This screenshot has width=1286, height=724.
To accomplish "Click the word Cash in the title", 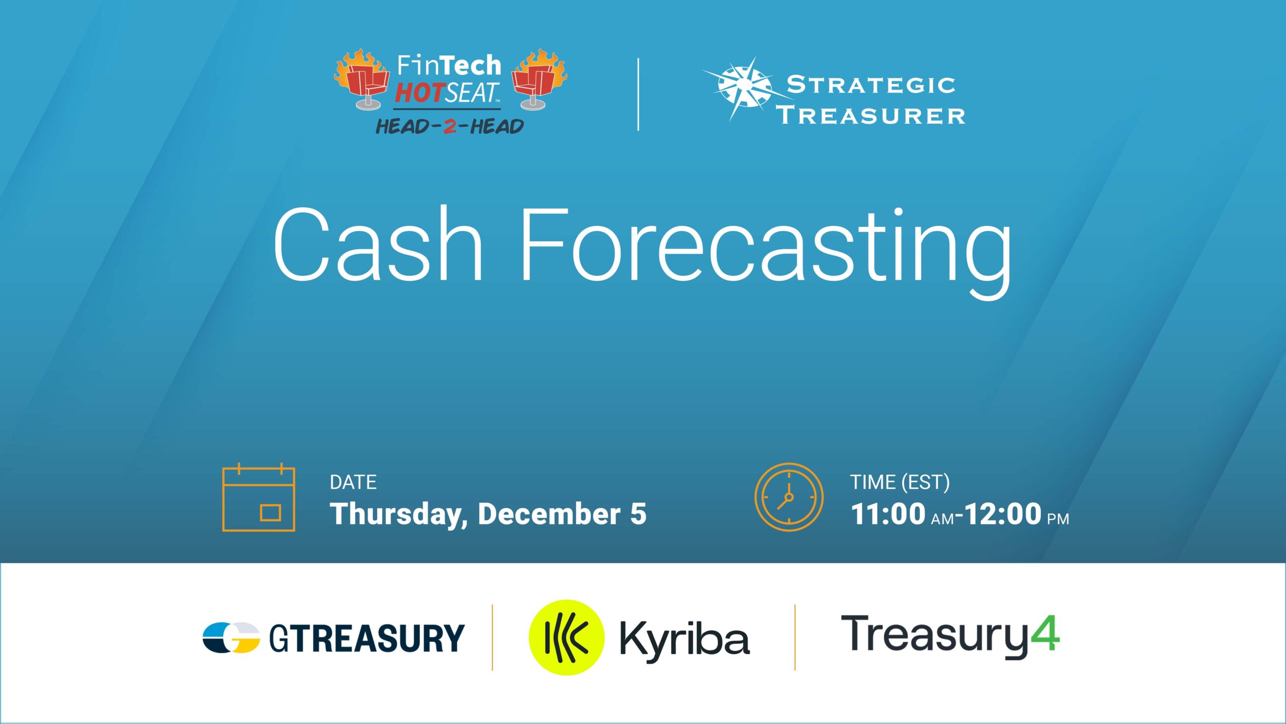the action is (x=378, y=244).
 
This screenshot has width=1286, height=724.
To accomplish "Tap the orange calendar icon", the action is (x=258, y=497).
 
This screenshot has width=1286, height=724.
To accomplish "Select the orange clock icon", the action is (x=789, y=497).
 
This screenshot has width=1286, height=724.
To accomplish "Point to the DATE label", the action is (x=353, y=482).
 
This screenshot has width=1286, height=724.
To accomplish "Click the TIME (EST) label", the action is (x=900, y=482).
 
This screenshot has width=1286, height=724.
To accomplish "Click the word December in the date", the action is (x=549, y=514).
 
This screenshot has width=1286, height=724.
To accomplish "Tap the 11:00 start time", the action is (x=888, y=514).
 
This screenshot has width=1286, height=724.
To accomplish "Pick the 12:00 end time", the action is (x=1003, y=514).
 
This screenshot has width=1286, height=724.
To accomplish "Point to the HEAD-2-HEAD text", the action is (x=450, y=126).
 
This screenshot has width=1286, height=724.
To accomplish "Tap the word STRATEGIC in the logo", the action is (x=871, y=85).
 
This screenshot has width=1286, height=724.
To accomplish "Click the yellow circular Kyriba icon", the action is (x=566, y=637).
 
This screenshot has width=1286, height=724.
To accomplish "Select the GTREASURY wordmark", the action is (x=367, y=638).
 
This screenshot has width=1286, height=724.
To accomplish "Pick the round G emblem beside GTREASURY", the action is (x=231, y=638).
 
